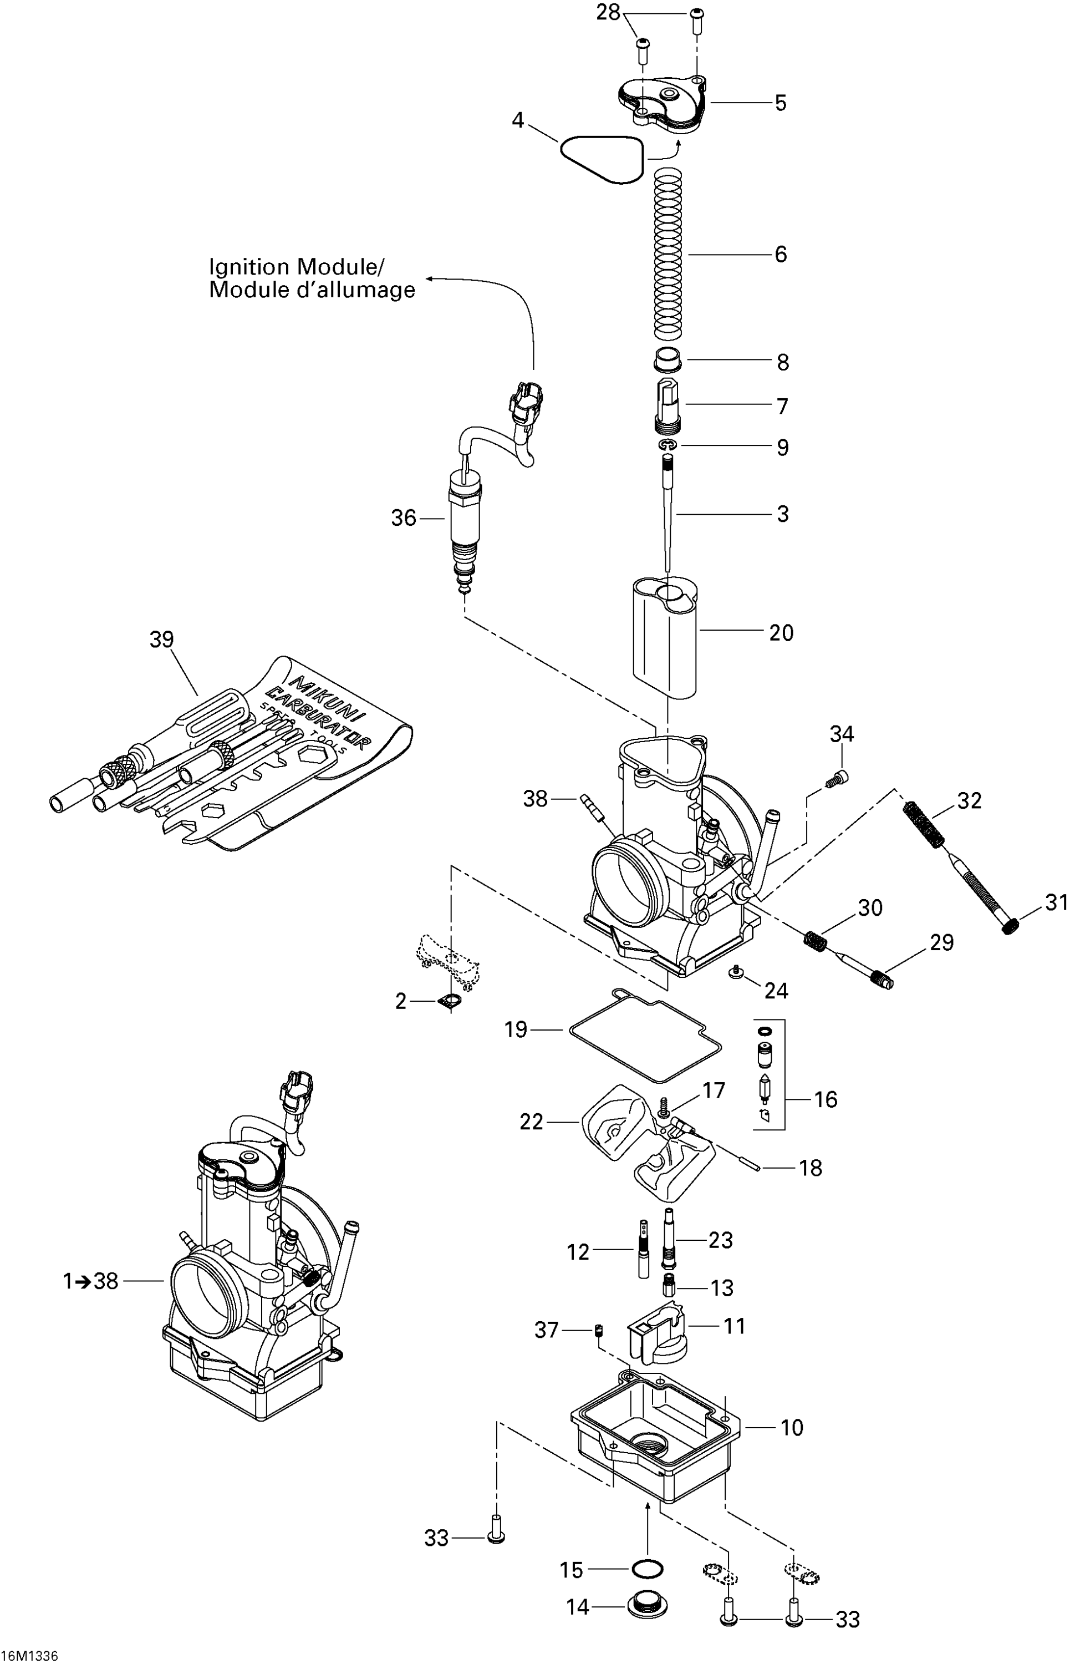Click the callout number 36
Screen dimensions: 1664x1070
403,518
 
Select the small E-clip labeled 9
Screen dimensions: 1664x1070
669,445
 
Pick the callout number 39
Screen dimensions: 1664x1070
162,640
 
